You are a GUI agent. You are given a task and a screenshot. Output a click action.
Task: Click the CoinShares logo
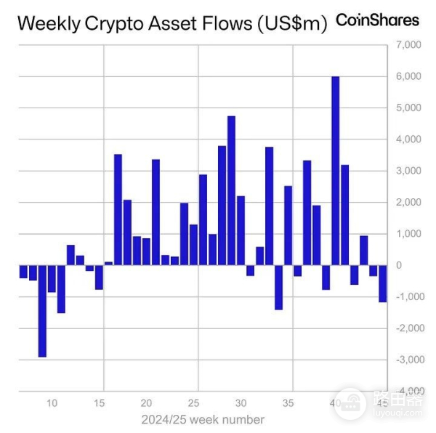tap(377, 20)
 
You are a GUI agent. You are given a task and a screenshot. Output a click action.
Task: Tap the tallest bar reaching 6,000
tap(335, 171)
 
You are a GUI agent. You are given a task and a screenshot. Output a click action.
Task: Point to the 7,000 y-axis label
tap(408, 45)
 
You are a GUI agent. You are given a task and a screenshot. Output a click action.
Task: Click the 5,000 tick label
tap(408, 108)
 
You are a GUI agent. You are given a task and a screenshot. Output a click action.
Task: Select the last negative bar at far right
tap(382, 283)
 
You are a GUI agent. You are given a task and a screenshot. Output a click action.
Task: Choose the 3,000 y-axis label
tap(408, 171)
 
